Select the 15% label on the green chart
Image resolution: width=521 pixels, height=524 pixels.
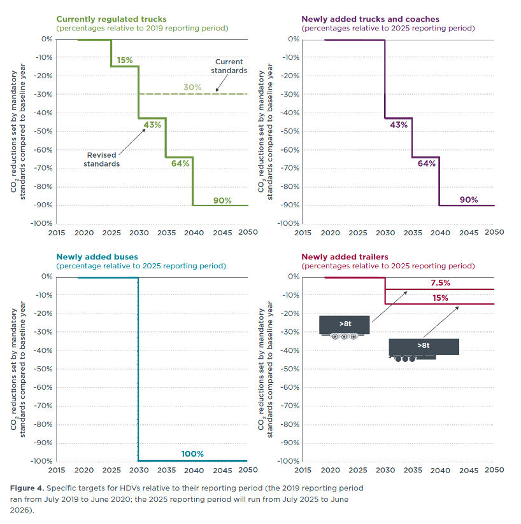[x=125, y=60]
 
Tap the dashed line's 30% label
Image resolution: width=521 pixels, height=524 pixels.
[x=192, y=87]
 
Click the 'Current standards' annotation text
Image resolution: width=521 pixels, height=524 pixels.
[x=229, y=66]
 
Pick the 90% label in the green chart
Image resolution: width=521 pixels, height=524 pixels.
[x=222, y=200]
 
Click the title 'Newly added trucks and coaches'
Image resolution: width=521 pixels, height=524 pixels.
[x=370, y=20]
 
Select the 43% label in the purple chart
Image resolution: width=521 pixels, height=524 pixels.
[x=399, y=125]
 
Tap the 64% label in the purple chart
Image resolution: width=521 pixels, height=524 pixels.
[x=426, y=163]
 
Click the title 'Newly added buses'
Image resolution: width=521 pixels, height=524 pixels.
[x=97, y=257]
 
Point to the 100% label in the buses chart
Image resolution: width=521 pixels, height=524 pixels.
[x=192, y=453]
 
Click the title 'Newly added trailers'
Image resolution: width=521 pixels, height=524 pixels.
[x=344, y=257]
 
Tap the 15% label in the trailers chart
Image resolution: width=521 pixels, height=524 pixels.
[x=440, y=298]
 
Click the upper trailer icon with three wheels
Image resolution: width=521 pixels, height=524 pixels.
[x=344, y=326]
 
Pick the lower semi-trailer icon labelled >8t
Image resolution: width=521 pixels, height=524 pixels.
[x=424, y=348]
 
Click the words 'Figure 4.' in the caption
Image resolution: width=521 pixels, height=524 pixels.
[x=27, y=488]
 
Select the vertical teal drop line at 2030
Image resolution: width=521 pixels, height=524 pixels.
[x=138, y=369]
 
